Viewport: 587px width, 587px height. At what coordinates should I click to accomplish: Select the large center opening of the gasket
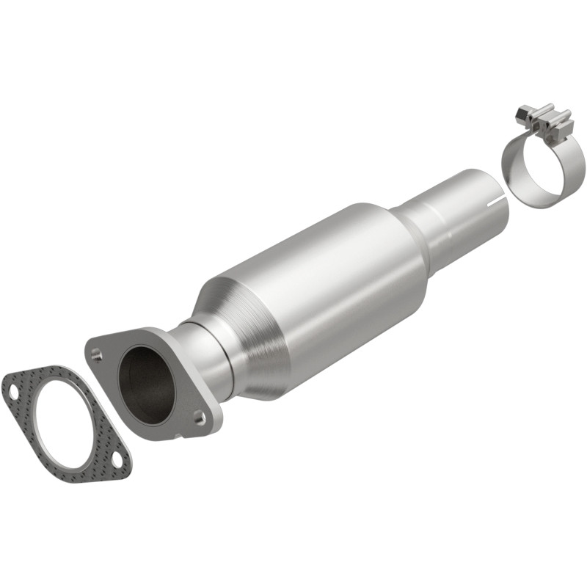[64, 426]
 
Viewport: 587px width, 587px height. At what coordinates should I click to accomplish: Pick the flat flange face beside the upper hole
[110, 345]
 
